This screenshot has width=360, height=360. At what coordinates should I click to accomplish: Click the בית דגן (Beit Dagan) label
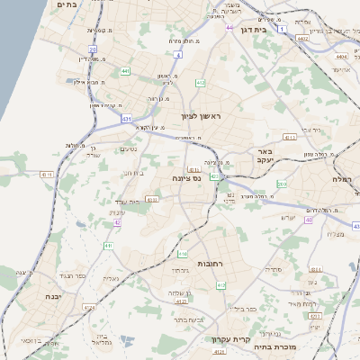[x=256, y=30]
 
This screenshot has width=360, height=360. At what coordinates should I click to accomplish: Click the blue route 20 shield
[x=94, y=51]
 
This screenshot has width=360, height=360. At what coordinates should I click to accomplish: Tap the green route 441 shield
[x=125, y=70]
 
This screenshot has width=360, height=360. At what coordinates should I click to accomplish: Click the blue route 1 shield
[x=282, y=30]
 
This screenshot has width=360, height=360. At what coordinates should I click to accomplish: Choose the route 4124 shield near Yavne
[x=88, y=309]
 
